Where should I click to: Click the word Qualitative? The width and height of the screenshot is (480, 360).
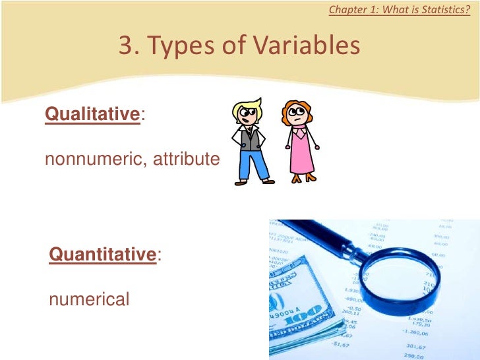(92, 114)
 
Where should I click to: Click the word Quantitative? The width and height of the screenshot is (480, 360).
(102, 254)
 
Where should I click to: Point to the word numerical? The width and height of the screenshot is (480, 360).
(89, 299)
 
